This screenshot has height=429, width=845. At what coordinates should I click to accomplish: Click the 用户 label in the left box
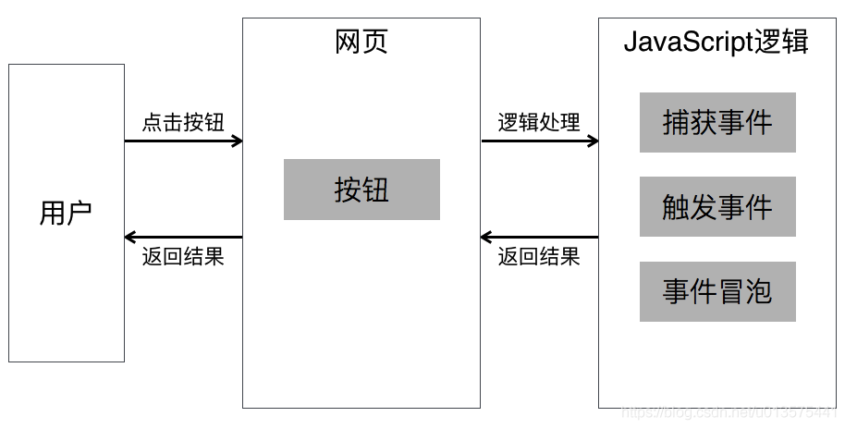coord(66,213)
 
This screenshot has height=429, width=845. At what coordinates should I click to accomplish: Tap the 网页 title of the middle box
coord(361,42)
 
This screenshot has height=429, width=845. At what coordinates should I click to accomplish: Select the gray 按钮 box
coord(361,190)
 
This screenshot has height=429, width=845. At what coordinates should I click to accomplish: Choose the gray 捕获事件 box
coord(717,122)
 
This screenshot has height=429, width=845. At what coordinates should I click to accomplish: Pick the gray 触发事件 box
coord(717,207)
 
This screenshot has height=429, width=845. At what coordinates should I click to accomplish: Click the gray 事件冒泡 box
coord(717,292)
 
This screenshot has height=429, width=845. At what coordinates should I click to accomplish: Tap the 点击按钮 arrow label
coord(183,122)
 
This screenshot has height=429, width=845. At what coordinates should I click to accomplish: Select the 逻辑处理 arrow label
coord(539,122)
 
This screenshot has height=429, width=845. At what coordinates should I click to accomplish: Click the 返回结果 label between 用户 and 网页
coord(183,257)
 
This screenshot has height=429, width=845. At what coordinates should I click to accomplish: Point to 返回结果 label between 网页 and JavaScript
coord(539,257)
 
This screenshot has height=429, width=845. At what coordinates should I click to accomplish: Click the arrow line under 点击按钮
coord(183,141)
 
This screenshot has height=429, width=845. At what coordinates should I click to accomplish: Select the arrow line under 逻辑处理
coord(539,141)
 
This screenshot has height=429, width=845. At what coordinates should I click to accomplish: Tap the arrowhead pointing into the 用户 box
coord(130,237)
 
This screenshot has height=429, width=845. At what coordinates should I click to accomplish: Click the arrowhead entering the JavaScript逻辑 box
coord(593,141)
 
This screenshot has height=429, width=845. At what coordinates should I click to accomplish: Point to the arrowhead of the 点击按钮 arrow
coord(237,141)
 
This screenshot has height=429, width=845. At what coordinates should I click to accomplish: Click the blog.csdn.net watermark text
coord(730,413)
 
